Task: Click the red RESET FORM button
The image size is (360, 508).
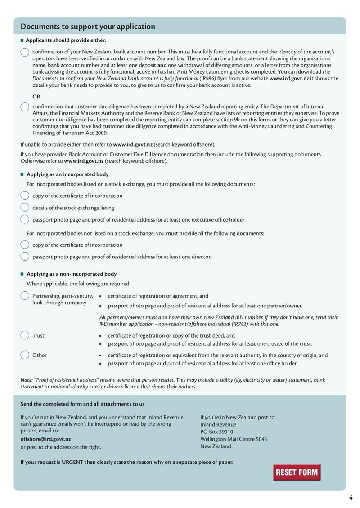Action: click(x=297, y=472)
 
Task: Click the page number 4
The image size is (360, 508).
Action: click(x=351, y=497)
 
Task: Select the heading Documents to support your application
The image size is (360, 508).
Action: click(x=88, y=27)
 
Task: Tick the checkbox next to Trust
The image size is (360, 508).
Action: click(x=25, y=335)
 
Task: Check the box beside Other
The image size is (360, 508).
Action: click(x=25, y=355)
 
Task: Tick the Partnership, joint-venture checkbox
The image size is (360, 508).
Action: click(x=25, y=296)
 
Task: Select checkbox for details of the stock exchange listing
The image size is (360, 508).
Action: click(x=25, y=208)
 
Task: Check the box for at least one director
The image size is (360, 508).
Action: click(x=25, y=257)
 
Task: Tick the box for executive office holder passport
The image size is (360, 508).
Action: click(x=25, y=220)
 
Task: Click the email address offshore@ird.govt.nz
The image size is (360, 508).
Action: click(x=45, y=439)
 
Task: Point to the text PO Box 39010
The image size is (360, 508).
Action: click(x=217, y=432)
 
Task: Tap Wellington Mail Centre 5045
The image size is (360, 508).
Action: click(x=234, y=439)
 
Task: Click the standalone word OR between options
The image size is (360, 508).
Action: click(x=36, y=97)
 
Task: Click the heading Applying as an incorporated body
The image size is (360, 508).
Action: click(x=67, y=174)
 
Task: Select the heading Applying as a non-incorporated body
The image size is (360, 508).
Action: click(x=72, y=274)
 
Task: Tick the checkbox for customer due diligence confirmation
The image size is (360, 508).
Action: click(x=25, y=107)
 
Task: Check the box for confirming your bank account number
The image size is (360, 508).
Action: click(x=25, y=52)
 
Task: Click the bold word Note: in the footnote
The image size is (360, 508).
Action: click(x=27, y=380)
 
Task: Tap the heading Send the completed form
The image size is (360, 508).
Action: click(x=82, y=404)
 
